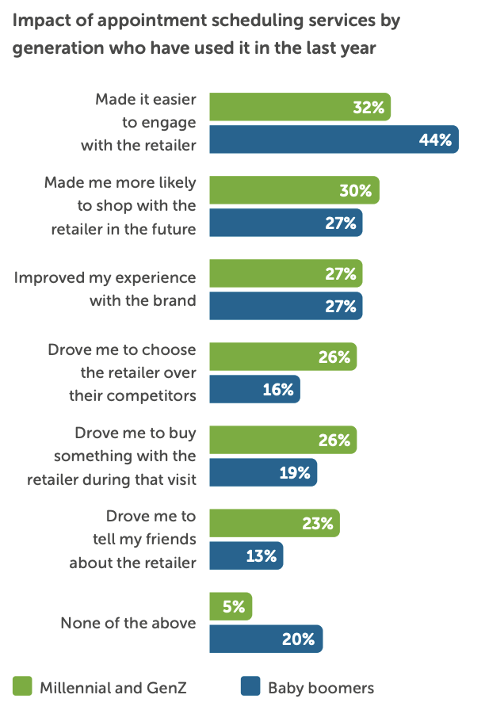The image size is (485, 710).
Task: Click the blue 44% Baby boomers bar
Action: point(333,140)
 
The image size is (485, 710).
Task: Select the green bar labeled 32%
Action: point(300,107)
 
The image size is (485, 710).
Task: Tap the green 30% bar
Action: point(293,190)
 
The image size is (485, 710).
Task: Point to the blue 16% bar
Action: point(254,389)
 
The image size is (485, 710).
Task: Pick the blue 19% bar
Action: point(263,472)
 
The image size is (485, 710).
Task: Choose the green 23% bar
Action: point(274,523)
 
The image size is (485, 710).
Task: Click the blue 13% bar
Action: point(246,555)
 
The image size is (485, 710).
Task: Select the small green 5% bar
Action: point(231,606)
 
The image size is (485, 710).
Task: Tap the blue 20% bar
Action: point(265,639)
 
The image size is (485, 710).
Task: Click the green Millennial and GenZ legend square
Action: point(22,686)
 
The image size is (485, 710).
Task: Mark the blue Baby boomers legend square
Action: point(250,686)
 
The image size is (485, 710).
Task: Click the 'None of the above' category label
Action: point(128,623)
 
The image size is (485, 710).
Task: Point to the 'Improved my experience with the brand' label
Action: point(105,289)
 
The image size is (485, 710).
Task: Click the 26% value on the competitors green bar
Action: point(334,357)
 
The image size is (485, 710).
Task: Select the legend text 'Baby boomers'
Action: point(320,687)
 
